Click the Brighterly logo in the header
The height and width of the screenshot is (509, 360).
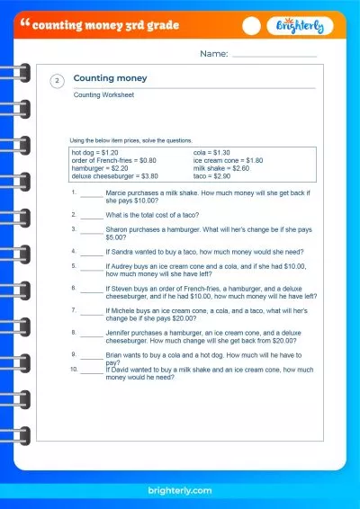(x=303, y=27)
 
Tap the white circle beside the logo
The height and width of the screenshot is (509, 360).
(x=253, y=27)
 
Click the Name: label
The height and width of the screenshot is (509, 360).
(x=214, y=55)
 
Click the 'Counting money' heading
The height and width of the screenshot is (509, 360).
(x=110, y=78)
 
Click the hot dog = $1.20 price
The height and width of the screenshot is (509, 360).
(x=94, y=152)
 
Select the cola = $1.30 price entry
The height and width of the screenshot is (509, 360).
(x=211, y=152)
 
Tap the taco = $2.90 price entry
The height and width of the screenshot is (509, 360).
(x=212, y=176)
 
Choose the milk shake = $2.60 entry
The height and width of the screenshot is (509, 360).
(x=221, y=168)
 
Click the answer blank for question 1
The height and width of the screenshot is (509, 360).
(x=91, y=195)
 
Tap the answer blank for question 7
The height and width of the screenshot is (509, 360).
(x=91, y=310)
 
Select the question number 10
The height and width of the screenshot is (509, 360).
(x=73, y=368)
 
